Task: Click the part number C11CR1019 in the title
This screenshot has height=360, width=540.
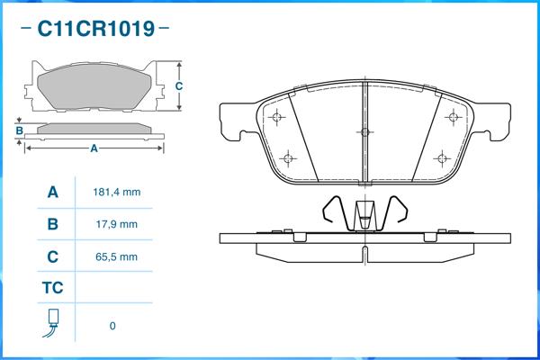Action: (95, 28)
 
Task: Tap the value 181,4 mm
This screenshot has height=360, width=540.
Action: (117, 192)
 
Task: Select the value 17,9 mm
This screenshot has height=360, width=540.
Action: (117, 224)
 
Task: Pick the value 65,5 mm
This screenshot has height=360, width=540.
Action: (117, 256)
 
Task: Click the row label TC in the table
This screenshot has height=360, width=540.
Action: (53, 288)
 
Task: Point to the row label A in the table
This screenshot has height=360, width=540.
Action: (53, 192)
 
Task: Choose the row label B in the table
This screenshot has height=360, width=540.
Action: (53, 224)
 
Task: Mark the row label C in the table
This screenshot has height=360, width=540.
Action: (53, 256)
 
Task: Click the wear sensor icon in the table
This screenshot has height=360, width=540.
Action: (52, 323)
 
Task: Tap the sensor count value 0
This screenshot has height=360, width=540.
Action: (112, 326)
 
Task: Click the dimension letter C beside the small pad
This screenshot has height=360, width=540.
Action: (179, 86)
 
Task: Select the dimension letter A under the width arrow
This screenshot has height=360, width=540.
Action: (94, 148)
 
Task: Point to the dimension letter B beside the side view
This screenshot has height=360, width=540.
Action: (19, 130)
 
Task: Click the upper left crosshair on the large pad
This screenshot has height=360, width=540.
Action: (277, 117)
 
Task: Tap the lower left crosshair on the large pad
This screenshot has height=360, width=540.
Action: (288, 158)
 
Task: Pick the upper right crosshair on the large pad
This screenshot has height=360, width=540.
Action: (454, 117)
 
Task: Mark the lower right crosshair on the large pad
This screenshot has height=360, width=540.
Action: (442, 158)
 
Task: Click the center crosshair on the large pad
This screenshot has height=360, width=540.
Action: (364, 132)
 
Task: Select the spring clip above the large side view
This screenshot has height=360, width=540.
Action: (365, 213)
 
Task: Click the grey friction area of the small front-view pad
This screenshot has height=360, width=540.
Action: (94, 86)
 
